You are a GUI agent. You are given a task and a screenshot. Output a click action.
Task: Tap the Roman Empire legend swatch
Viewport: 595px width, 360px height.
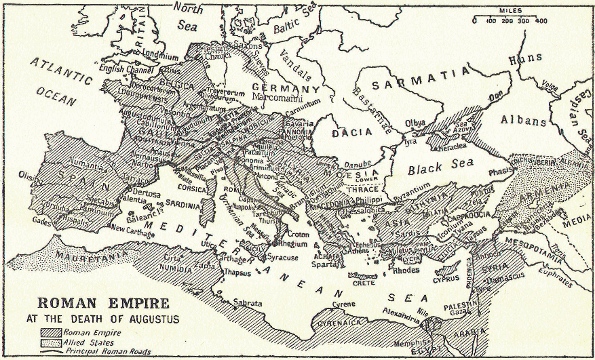[50, 332]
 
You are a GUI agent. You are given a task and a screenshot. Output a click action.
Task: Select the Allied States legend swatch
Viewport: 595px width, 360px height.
[50, 343]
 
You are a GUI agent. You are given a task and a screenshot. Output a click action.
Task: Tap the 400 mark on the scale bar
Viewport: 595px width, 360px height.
[540, 22]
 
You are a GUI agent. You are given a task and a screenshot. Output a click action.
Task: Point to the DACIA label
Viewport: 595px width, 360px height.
[349, 134]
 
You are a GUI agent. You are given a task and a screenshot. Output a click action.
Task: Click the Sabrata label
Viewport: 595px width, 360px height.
[248, 303]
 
